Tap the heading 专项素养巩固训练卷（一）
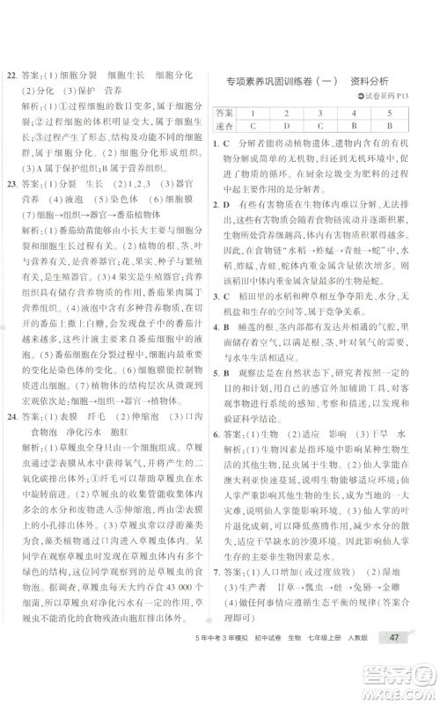[x=282, y=79]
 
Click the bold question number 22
[x=12, y=77]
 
